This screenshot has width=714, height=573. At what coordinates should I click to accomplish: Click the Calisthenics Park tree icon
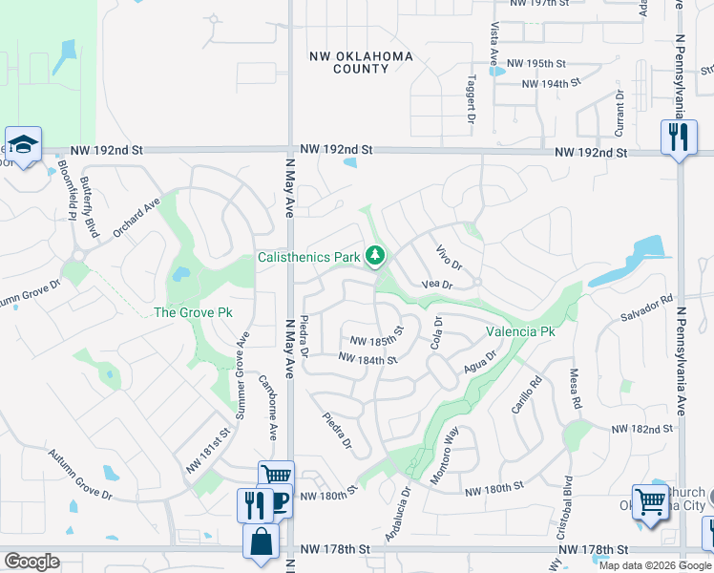378,255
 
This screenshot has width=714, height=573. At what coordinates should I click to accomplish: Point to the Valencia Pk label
520,332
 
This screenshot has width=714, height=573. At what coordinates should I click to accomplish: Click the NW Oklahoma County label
362,63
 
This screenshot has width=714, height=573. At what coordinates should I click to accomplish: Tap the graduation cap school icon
22,143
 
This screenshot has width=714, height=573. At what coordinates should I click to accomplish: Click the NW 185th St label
377,340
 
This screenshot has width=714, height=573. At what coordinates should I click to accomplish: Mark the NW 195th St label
536,63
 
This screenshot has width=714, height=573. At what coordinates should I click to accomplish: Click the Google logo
31,562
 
